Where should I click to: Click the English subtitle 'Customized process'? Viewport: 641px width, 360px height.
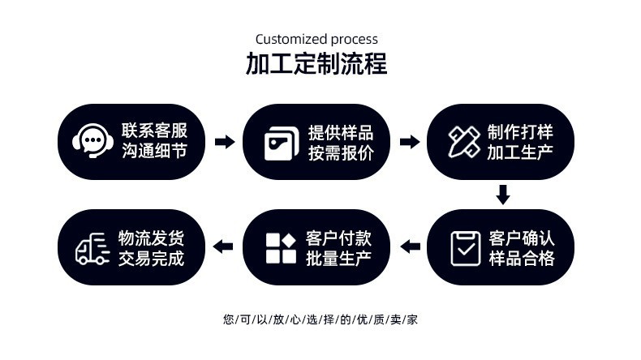316,39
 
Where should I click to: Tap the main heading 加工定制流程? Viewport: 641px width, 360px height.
316,64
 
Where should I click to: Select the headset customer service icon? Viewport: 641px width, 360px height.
92,141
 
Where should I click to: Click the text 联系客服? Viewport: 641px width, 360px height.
154,131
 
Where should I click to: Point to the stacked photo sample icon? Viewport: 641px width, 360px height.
281,143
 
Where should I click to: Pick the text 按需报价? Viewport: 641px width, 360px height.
341,152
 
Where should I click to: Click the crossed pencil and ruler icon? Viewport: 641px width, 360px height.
464,141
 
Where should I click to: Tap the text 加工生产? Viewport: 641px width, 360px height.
519,152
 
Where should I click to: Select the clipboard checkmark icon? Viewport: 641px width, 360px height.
465,248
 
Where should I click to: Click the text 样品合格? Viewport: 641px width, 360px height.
522,259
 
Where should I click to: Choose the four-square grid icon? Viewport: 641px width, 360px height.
281,248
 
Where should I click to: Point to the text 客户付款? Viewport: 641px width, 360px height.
338,238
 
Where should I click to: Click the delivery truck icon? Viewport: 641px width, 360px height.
92,248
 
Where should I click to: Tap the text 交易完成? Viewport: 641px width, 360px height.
151,259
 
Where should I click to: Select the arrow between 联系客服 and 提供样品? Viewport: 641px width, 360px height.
225,142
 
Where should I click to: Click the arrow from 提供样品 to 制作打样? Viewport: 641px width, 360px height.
410,142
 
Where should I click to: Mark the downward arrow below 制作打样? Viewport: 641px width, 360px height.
503,195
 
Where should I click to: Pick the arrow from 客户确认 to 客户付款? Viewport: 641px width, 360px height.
410,246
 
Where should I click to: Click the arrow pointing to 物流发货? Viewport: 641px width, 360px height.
223,246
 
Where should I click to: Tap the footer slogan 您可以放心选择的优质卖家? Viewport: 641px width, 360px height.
320,319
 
